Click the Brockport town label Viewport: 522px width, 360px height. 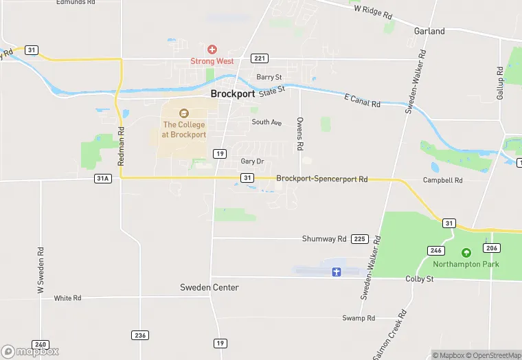click(x=233, y=94)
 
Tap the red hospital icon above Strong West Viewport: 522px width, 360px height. click(x=212, y=49)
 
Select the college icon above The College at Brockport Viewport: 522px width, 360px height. click(x=183, y=113)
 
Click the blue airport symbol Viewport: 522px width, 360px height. click(x=337, y=271)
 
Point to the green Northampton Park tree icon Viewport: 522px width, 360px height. click(x=466, y=253)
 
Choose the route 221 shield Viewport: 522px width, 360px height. click(x=259, y=59)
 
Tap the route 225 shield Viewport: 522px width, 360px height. click(x=359, y=239)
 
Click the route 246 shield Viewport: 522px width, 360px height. click(x=435, y=249)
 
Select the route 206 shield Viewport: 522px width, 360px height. click(x=490, y=248)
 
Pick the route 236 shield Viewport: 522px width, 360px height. click(x=140, y=335)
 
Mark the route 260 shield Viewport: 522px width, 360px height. click(x=41, y=344)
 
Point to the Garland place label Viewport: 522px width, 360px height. click(x=429, y=31)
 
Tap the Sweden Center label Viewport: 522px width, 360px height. click(x=209, y=287)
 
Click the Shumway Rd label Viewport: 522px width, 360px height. click(x=324, y=239)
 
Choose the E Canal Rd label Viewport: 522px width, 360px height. click(x=361, y=100)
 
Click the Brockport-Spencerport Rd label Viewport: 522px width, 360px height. click(x=321, y=179)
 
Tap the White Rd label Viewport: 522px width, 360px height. click(x=67, y=298)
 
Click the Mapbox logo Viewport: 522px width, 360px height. click(x=30, y=350)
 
